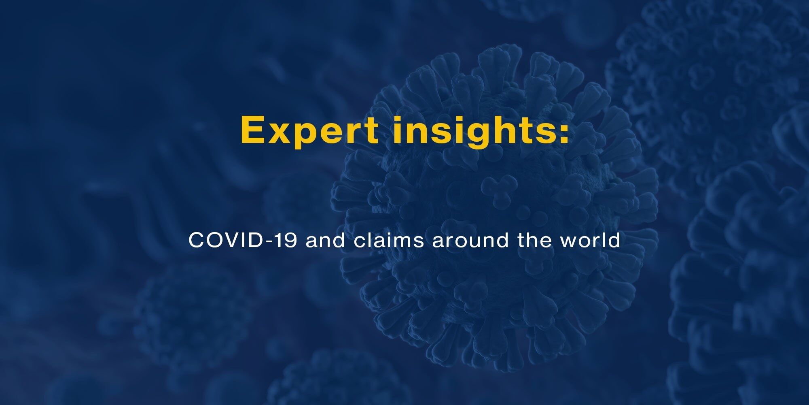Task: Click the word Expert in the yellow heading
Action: point(309,130)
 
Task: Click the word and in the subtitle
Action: point(326,241)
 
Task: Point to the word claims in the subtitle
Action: point(389,241)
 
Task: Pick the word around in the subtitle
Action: point(470,241)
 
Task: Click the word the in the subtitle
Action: point(533,241)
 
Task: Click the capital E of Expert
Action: point(253,130)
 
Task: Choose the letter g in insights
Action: point(480,136)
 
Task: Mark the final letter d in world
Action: point(614,241)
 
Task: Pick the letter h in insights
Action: point(506,130)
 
